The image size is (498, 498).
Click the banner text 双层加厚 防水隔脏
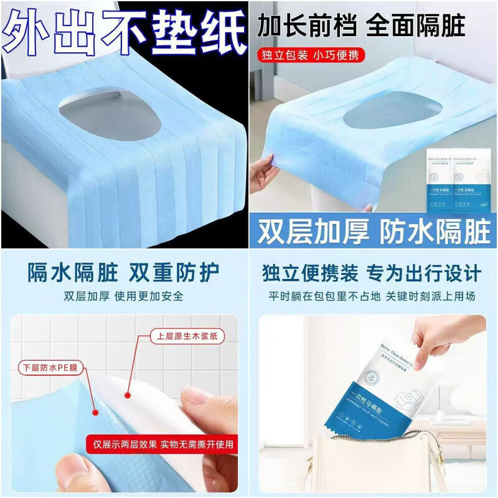coord(372,230)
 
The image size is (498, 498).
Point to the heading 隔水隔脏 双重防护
coord(125,273)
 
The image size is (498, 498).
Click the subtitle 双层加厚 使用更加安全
coord(125,296)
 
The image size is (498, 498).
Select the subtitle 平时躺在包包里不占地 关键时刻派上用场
coord(372,296)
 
